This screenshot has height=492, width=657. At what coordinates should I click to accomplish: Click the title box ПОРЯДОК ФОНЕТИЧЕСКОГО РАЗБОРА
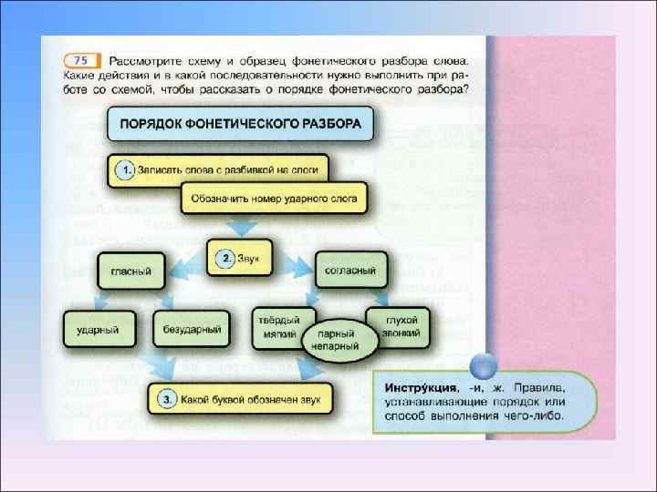[240, 123]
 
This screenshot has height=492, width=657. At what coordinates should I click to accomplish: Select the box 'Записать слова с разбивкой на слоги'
[217, 170]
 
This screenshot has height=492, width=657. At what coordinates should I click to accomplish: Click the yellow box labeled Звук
[240, 259]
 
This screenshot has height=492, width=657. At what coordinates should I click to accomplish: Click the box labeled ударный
[99, 327]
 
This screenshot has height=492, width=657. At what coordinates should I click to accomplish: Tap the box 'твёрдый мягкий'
[276, 327]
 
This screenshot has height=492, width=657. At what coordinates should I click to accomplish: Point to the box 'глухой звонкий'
[398, 326]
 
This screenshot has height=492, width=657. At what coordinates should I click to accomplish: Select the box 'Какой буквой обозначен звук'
[241, 398]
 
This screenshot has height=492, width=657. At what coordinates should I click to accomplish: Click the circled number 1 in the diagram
[124, 170]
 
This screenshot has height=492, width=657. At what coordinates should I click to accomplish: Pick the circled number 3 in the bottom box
[165, 398]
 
